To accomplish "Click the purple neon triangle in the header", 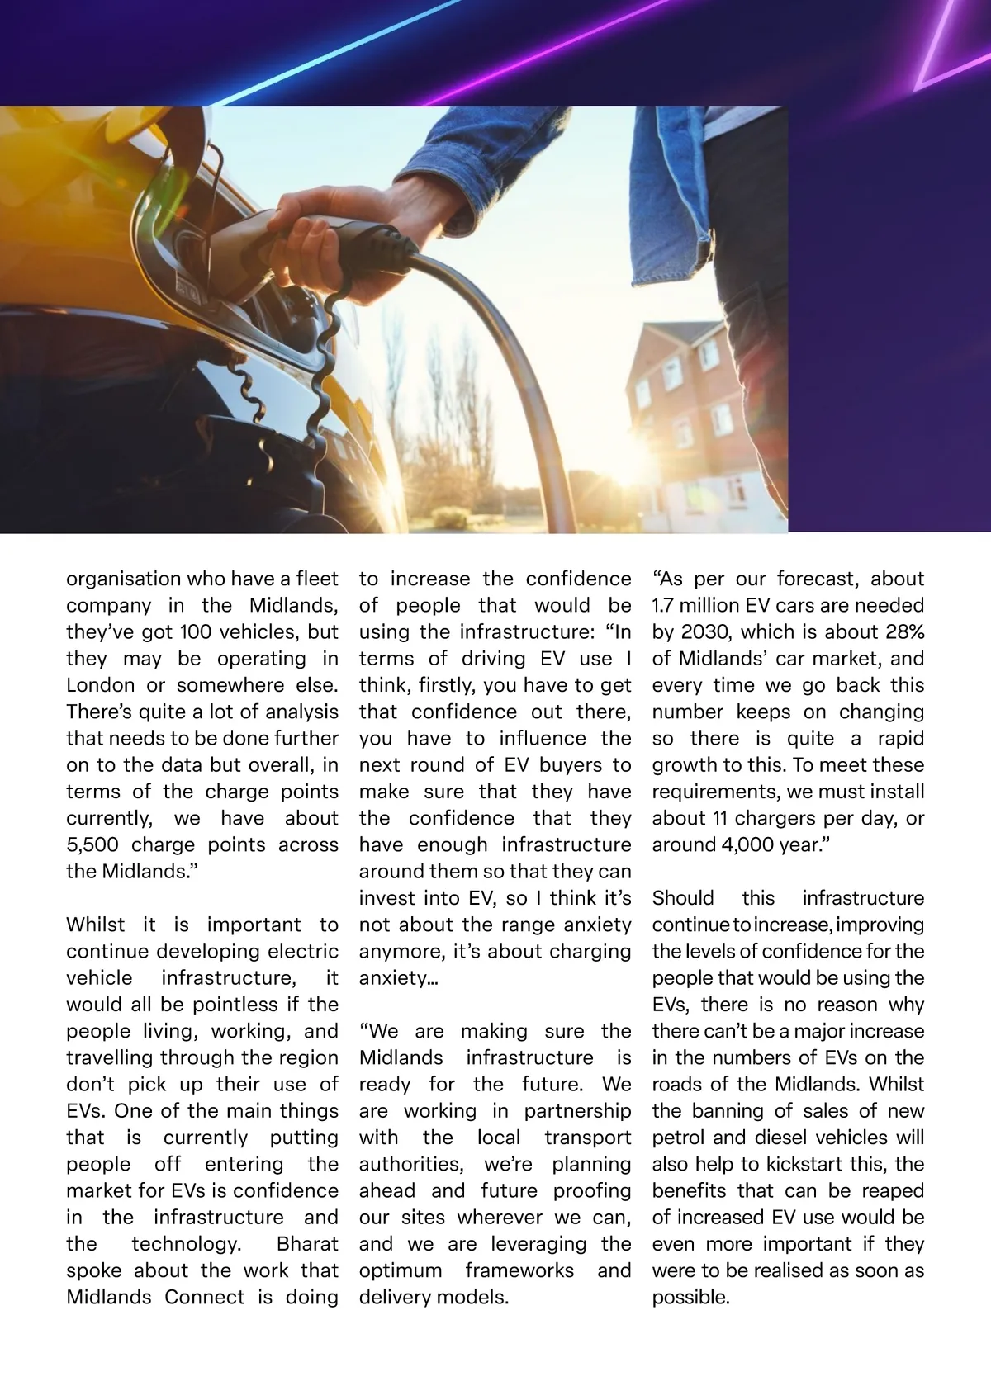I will tap(950, 50).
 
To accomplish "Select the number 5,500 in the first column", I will tap(92, 845).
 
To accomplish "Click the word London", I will tap(100, 685).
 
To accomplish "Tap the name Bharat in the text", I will tap(307, 1244).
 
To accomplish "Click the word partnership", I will tap(577, 1111).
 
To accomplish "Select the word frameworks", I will tap(519, 1270).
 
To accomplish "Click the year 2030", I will tap(705, 632).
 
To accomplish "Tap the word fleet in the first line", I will tap(317, 579).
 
